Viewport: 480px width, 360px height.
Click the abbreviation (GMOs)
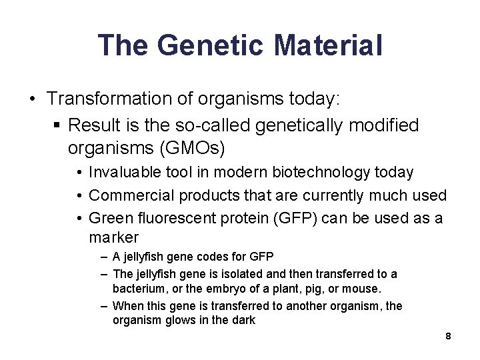click(195, 146)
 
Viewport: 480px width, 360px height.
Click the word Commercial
click(127, 195)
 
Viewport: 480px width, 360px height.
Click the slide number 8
click(449, 336)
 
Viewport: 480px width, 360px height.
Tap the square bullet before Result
click(57, 125)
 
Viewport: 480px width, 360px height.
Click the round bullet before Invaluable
click(79, 173)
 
